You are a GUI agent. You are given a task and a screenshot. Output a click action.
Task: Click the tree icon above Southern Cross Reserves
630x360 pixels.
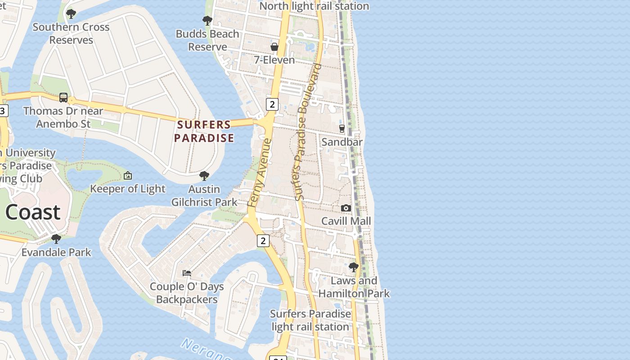coord(71,14)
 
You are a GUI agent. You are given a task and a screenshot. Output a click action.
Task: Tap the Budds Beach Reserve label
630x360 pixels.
coord(207,40)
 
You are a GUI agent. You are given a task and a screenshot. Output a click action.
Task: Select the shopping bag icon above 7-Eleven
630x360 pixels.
coord(274,47)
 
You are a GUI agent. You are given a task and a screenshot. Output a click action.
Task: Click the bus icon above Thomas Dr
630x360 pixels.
coord(63,98)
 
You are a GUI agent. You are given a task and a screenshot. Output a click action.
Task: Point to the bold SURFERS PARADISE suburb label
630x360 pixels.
coord(204,131)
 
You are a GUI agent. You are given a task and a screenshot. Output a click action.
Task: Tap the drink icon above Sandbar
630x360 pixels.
coord(342,129)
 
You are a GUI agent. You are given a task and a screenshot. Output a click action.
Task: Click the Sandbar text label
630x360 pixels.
coord(342,142)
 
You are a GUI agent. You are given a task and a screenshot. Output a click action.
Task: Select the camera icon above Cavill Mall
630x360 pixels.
coord(346,208)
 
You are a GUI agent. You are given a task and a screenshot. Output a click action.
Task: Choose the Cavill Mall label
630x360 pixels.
coord(346,221)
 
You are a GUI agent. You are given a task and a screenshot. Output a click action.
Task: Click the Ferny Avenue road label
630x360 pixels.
coord(260,173)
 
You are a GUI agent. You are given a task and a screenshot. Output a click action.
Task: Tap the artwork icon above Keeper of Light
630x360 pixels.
coord(128,175)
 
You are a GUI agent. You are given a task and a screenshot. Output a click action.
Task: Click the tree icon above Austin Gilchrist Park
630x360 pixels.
coord(204,175)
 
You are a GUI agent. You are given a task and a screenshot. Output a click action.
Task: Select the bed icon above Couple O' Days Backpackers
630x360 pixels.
coord(187,273)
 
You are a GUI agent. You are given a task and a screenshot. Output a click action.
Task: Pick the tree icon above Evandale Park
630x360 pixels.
coord(56,238)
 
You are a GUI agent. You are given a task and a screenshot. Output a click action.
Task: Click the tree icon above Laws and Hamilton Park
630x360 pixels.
coord(354,267)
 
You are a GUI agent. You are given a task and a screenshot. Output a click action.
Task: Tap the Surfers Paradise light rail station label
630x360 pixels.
coord(310,320)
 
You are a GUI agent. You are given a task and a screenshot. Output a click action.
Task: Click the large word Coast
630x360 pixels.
coord(33,212)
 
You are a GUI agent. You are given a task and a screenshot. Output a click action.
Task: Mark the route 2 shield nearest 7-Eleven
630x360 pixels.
coord(272,104)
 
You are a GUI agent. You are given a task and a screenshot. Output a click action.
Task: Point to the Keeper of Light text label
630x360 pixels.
coord(128,189)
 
